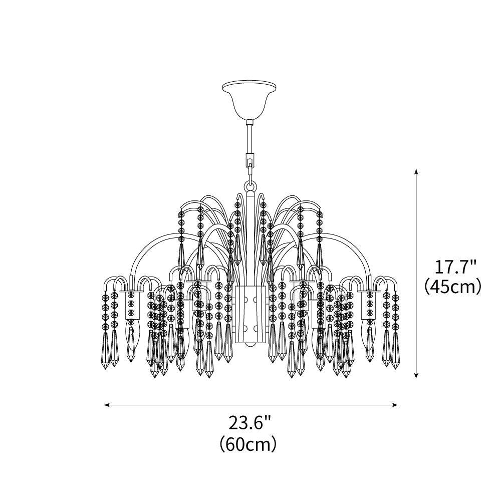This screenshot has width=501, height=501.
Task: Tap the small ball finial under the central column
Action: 249,346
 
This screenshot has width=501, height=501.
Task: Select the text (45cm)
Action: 452,287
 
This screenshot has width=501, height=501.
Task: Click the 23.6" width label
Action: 249,423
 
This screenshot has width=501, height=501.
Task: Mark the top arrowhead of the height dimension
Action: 416,172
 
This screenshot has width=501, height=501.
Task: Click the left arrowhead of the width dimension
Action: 106,404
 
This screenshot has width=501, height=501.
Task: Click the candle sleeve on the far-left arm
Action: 131,306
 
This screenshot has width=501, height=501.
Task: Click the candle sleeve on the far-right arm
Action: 370,306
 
